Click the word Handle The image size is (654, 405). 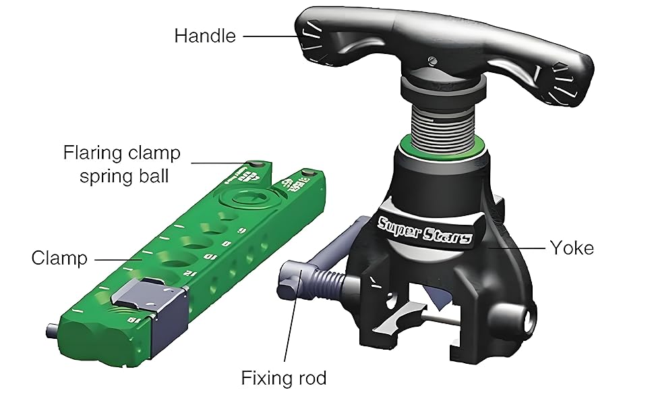coord(205,36)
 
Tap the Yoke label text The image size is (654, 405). coord(571,248)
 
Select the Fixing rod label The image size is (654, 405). coord(283,378)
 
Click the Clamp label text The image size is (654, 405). coord(59,258)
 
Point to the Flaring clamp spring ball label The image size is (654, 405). coord(122,165)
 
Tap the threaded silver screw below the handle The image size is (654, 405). coord(441,122)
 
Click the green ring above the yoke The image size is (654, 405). coord(441,148)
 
